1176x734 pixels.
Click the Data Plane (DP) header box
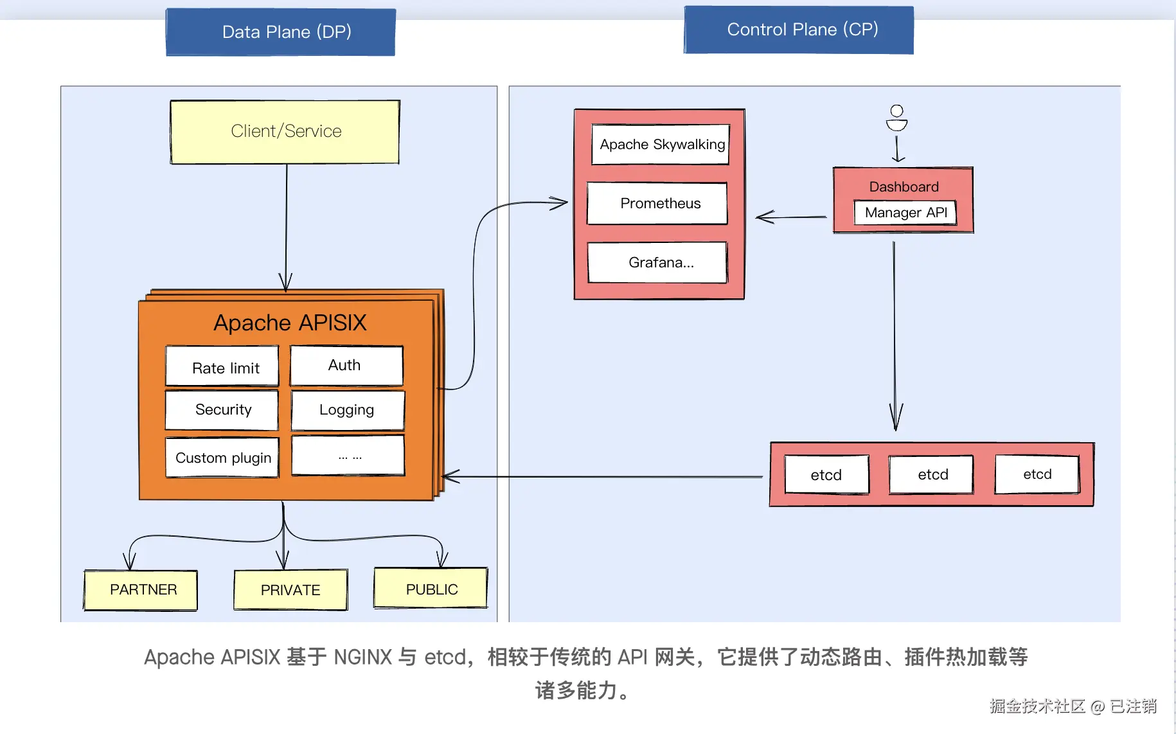(281, 32)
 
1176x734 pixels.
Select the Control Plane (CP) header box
(799, 30)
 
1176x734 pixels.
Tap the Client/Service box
(285, 132)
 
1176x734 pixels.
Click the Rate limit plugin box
(222, 367)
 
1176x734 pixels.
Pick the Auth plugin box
(346, 366)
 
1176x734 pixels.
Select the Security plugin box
(222, 410)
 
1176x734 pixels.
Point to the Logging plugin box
(348, 410)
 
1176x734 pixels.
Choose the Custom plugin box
(222, 458)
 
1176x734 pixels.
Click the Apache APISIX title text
(290, 323)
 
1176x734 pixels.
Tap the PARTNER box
(141, 590)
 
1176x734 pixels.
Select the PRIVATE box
(290, 590)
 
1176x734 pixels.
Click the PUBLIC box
(431, 588)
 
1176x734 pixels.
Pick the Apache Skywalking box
(661, 145)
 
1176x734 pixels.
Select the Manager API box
(905, 213)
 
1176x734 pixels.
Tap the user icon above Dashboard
(896, 118)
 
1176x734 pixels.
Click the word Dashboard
(904, 187)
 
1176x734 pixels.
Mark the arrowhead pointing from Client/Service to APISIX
(286, 282)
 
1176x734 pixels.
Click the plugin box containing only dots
(348, 456)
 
